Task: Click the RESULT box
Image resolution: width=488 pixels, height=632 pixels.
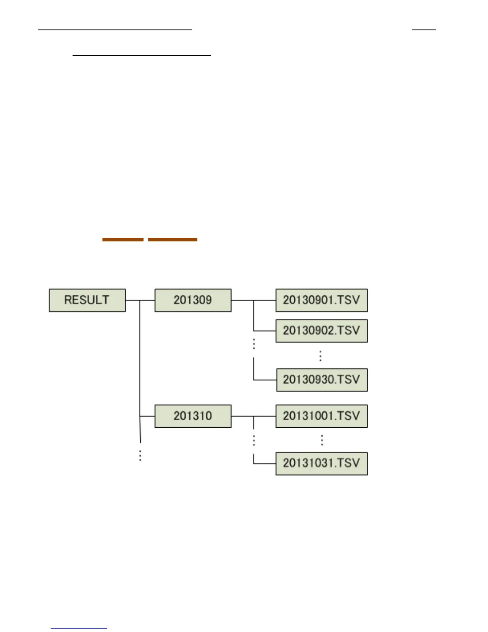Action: (x=87, y=300)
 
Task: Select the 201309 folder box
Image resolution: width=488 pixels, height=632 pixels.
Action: (x=193, y=300)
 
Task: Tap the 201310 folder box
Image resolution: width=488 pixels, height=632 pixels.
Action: (x=193, y=416)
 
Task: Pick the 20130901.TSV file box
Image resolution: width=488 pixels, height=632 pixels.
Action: (x=321, y=300)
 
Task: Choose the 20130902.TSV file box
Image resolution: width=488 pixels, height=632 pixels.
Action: (x=321, y=331)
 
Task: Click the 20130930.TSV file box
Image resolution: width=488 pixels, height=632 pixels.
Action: (x=321, y=380)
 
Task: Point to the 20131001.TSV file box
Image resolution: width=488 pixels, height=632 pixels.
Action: (x=321, y=416)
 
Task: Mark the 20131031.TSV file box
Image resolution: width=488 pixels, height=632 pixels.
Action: (x=321, y=463)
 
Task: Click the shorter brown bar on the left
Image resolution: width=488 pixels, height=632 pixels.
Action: (x=123, y=239)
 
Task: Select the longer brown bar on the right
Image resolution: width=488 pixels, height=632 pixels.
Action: (x=173, y=239)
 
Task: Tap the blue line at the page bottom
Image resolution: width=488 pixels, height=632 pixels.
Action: (x=79, y=628)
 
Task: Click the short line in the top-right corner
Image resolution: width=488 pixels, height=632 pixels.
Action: (x=424, y=29)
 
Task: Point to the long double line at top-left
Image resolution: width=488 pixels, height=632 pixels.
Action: (x=115, y=29)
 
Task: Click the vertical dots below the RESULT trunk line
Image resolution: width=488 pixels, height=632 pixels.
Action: (x=140, y=456)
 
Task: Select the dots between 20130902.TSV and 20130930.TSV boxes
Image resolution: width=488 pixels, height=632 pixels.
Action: (x=320, y=355)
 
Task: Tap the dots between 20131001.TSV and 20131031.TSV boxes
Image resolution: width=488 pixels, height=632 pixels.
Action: (x=321, y=440)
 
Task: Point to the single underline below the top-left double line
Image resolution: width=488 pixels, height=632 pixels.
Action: (x=142, y=55)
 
